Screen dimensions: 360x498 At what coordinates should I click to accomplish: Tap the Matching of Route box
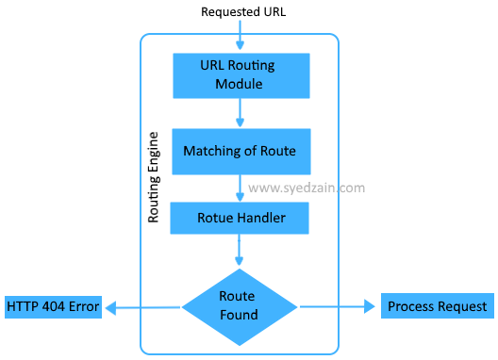click(240, 152)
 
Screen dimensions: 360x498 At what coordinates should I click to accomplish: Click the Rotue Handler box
click(240, 219)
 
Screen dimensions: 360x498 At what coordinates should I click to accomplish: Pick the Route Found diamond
click(239, 305)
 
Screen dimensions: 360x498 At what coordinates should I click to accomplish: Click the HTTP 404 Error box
click(53, 307)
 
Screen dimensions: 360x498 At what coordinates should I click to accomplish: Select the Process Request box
click(437, 306)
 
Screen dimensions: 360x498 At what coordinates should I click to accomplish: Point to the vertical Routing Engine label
click(155, 177)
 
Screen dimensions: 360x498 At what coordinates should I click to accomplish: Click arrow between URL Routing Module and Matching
click(241, 113)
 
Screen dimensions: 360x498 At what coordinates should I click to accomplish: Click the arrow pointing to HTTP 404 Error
click(141, 306)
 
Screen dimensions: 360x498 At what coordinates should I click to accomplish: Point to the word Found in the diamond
click(239, 314)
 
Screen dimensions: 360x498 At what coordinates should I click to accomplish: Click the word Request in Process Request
click(462, 306)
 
